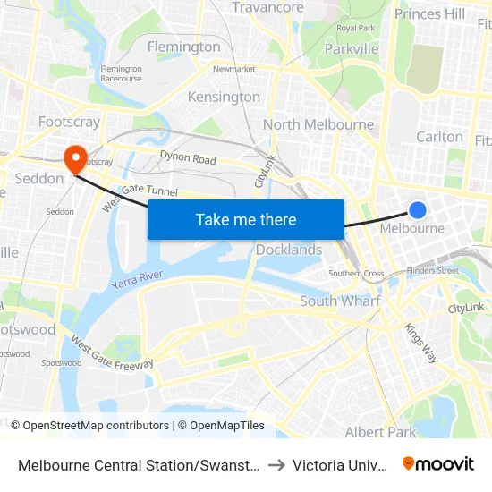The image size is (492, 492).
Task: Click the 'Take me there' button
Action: click(x=246, y=219)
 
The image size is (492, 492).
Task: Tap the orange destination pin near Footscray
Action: click(x=74, y=158)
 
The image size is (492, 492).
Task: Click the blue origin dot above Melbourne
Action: click(x=417, y=210)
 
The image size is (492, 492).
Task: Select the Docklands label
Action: click(x=289, y=250)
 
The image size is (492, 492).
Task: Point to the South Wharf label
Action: click(x=339, y=301)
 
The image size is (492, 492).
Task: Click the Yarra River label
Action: click(x=138, y=279)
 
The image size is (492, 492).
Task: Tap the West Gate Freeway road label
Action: click(x=112, y=354)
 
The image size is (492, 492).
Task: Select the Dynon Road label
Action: click(x=188, y=159)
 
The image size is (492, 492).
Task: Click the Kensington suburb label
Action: click(x=224, y=97)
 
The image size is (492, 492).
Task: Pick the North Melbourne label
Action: click(x=318, y=124)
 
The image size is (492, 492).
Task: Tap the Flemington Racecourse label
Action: click(x=122, y=73)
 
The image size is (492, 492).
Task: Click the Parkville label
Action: click(x=352, y=48)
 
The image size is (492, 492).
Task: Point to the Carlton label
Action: click(x=440, y=137)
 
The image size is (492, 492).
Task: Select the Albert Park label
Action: click(x=381, y=432)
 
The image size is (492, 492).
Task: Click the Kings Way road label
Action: click(x=422, y=343)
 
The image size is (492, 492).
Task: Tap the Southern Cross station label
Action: click(x=356, y=274)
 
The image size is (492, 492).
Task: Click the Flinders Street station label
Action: click(x=432, y=270)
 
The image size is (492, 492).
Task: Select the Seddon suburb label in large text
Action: click(x=39, y=179)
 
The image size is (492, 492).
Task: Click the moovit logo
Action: click(x=438, y=463)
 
